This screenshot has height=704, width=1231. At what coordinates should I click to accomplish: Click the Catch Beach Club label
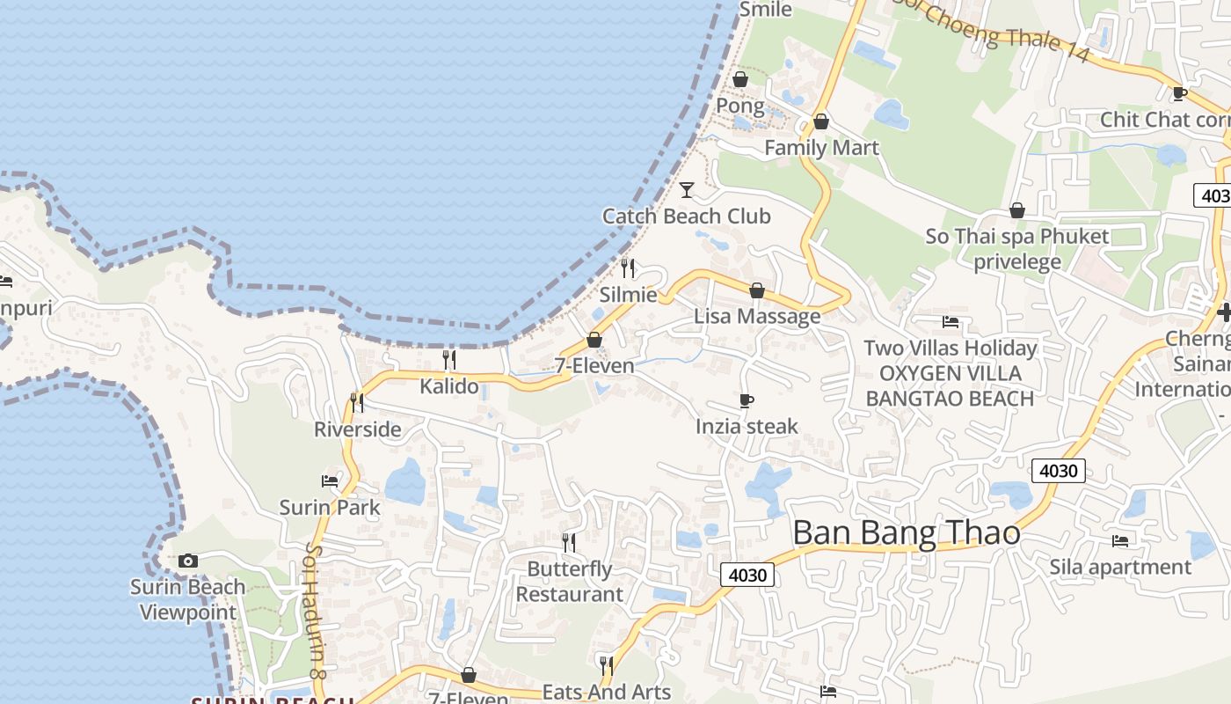click(686, 216)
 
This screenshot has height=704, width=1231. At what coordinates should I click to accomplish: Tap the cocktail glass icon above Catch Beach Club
click(687, 189)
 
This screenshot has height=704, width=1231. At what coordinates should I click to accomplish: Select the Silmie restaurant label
click(628, 294)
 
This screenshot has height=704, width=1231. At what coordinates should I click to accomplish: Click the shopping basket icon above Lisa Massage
click(756, 290)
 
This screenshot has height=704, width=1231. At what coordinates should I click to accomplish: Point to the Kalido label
click(449, 386)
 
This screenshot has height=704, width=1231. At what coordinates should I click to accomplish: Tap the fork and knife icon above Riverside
click(357, 402)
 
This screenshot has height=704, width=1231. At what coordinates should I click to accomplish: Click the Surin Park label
click(330, 508)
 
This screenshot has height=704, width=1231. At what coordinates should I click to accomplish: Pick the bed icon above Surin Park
click(330, 480)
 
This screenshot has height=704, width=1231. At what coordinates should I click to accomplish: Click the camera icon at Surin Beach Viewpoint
click(187, 561)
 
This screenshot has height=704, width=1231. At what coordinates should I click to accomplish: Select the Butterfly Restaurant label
click(569, 582)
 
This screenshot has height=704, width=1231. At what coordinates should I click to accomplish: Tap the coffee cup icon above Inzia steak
click(747, 401)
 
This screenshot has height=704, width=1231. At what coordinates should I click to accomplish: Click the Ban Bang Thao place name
click(907, 533)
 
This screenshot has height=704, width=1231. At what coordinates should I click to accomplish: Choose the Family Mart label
click(821, 148)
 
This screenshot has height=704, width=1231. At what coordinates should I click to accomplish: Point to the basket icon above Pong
click(740, 79)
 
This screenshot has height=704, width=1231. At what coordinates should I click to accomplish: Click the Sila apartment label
click(1120, 568)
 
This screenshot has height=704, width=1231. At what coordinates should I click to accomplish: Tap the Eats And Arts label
click(606, 693)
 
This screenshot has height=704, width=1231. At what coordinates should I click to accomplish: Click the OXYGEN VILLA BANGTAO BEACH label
click(950, 385)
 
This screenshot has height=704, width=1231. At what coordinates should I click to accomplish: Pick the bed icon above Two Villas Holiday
click(950, 321)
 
